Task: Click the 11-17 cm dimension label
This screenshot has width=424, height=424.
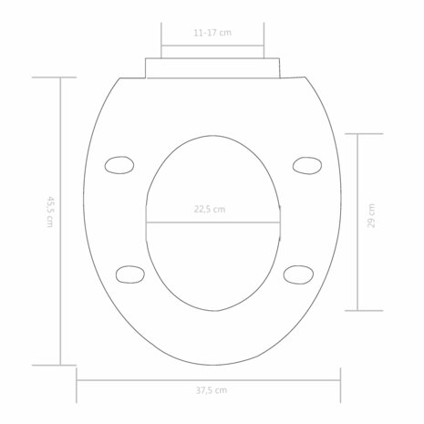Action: pos(212,33)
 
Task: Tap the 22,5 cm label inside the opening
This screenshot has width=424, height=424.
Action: pos(210,209)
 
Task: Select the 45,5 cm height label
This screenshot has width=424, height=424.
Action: pos(49,212)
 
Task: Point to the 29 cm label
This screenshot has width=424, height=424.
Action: pos(371,215)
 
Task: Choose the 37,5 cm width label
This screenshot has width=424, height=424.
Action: pos(212,390)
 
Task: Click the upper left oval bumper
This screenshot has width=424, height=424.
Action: pos(119,165)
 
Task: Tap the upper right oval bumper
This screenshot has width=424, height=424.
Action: pos(307,166)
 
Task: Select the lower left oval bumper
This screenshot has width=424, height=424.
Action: pos(130,274)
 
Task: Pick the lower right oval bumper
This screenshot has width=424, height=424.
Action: pos(298,274)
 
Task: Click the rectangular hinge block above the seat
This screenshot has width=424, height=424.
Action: pos(212,68)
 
